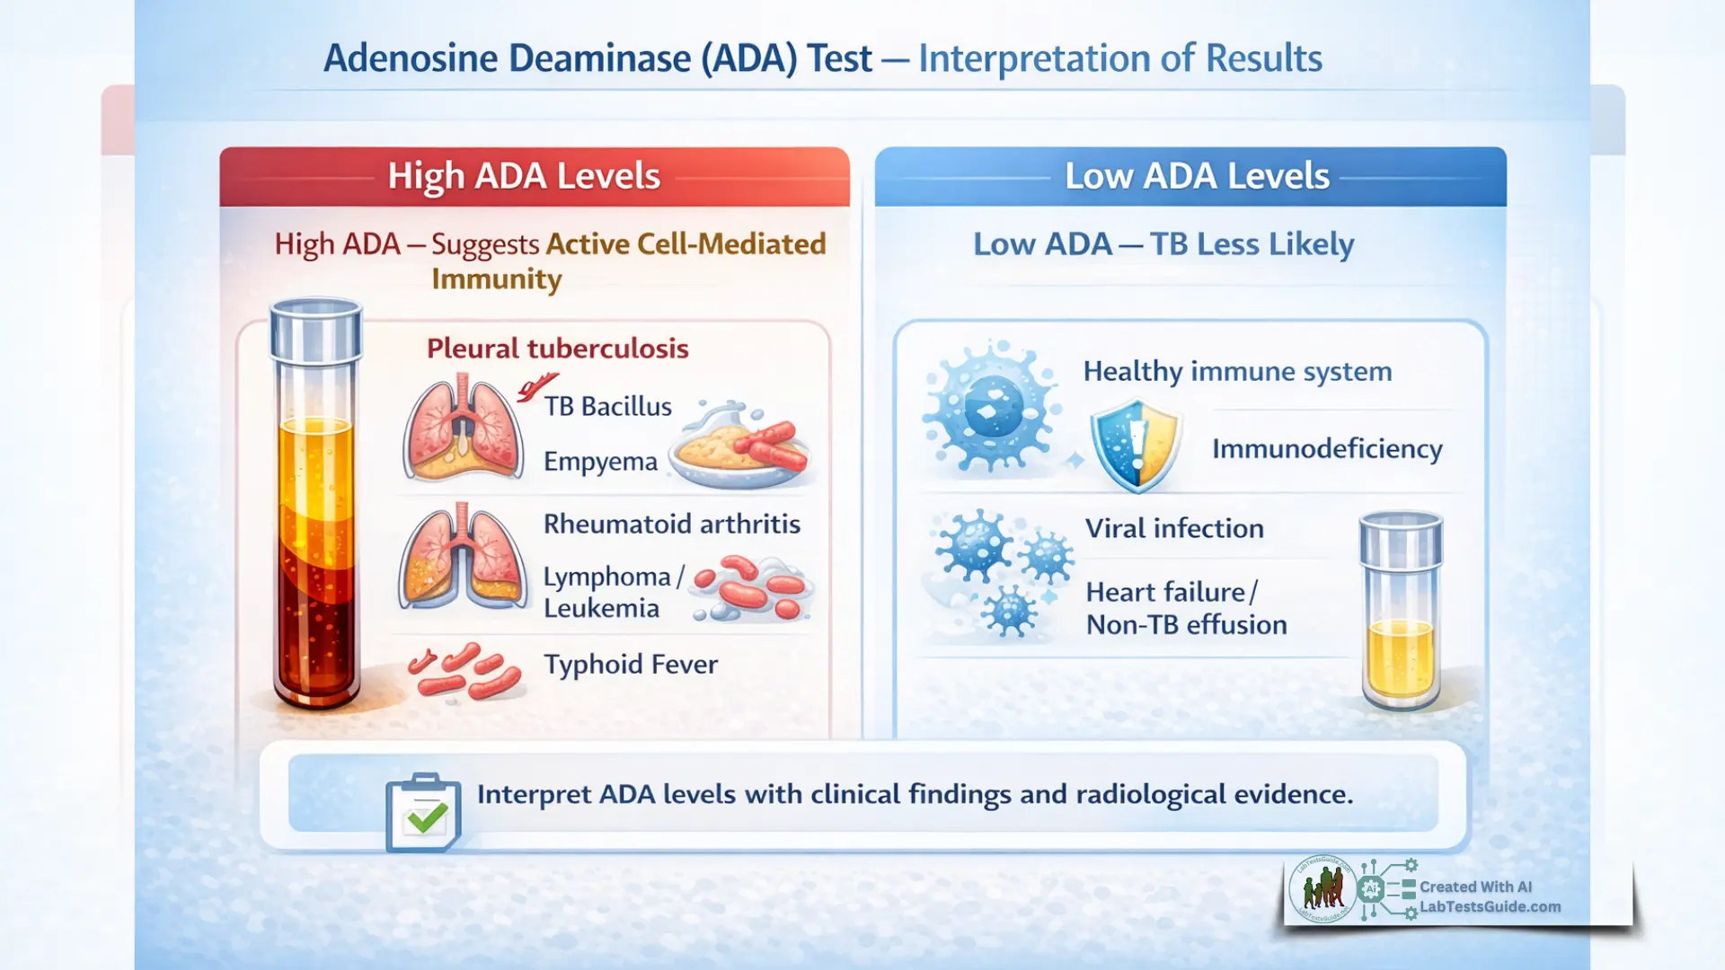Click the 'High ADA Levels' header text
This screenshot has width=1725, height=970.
[x=524, y=176]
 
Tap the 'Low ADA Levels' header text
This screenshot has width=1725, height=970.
[x=1197, y=176]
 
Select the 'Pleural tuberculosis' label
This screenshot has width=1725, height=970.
[x=557, y=348]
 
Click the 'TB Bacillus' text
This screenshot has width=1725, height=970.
[x=607, y=407]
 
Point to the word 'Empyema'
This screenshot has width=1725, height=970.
[x=600, y=462]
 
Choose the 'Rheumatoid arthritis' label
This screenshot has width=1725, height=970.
[x=671, y=524]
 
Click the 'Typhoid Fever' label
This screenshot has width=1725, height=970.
[x=630, y=665]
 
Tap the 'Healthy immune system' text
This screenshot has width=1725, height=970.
[x=1237, y=371]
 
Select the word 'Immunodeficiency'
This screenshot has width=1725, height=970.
[x=1327, y=448]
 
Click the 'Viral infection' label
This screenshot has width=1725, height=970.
[x=1174, y=528]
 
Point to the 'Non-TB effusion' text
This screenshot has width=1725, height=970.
[x=1186, y=625]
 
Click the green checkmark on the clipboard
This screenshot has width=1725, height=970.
[x=426, y=817]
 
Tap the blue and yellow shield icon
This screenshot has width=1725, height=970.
[x=1136, y=445]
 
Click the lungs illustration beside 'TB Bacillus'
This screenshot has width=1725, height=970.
[x=463, y=427]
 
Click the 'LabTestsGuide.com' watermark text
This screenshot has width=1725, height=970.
[x=1490, y=907]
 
